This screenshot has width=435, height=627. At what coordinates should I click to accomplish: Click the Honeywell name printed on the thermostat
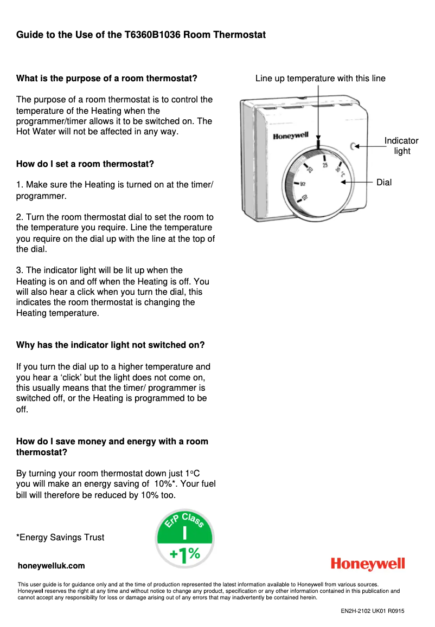[x=290, y=137]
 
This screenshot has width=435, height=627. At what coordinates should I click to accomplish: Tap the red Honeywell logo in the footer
[x=368, y=564]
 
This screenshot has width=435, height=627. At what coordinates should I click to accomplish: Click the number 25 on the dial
[x=325, y=165]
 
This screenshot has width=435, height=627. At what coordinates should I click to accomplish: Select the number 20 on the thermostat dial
[x=310, y=170]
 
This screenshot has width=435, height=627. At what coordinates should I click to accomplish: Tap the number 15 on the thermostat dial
[x=303, y=184]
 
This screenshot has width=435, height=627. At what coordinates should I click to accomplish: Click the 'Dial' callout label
[x=383, y=183]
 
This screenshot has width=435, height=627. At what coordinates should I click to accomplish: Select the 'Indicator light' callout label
[x=401, y=146]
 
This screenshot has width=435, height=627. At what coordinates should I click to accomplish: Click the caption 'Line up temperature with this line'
[x=320, y=79]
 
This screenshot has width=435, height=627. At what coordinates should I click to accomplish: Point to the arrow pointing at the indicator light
[x=368, y=146]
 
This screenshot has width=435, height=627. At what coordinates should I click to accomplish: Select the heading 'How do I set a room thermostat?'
[x=85, y=164]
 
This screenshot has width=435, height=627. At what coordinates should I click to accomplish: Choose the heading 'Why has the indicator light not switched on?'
[x=111, y=345]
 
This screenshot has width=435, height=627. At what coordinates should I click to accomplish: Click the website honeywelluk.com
[x=52, y=566]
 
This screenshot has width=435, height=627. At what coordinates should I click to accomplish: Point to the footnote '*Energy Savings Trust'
[x=60, y=538]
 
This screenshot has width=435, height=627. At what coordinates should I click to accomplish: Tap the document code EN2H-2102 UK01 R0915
[x=372, y=611]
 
